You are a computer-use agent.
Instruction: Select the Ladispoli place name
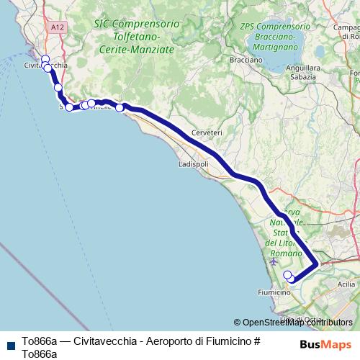coord(192,164)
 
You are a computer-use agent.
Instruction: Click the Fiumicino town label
coord(274,292)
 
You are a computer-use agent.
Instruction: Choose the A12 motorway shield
coord(58,27)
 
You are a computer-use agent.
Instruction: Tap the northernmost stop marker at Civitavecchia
coord(45,60)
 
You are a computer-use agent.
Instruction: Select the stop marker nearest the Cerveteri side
coord(120,108)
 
